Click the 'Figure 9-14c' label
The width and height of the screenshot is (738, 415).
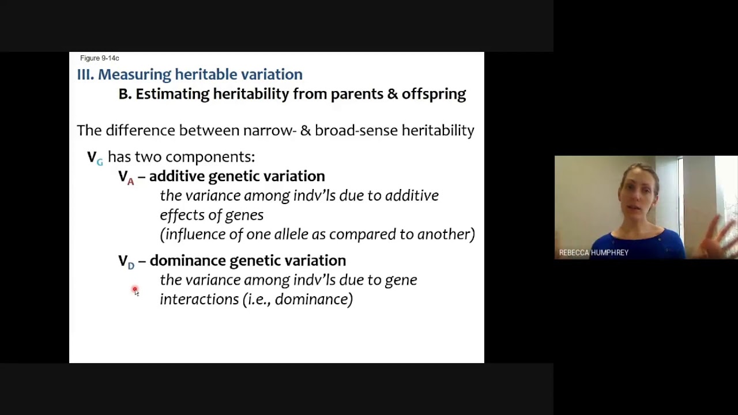(99, 58)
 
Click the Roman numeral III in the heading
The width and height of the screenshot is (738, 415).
(85, 74)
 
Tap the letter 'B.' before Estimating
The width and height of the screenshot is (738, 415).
(125, 94)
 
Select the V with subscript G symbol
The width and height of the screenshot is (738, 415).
(95, 157)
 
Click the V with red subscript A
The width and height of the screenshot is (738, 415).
(126, 177)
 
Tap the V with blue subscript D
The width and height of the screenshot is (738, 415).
(126, 261)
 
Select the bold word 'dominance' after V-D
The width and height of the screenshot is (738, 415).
(187, 261)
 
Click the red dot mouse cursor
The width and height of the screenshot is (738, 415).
(135, 290)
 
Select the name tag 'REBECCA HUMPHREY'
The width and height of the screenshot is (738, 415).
(593, 252)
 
